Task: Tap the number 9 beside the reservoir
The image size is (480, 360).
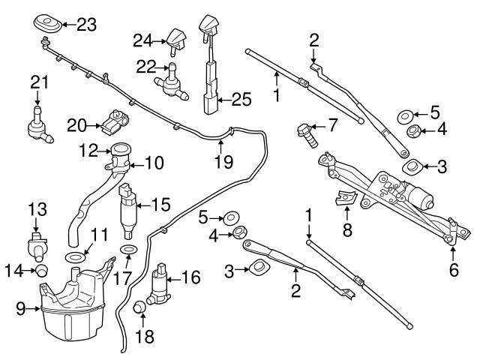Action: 20,307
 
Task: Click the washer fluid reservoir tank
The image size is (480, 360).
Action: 71,304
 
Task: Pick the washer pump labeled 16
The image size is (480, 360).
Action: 160,284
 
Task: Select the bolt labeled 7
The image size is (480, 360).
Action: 307,136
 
